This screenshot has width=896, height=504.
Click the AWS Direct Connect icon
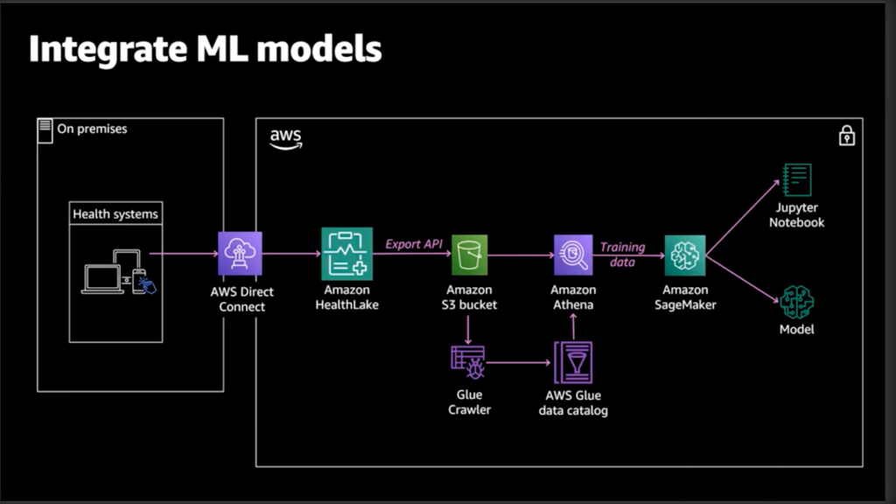point(240,254)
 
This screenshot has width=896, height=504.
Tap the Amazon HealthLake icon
point(346,254)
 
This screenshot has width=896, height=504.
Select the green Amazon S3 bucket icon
point(470,255)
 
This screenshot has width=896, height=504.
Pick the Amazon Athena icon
point(573,255)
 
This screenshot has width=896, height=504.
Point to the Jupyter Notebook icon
point(796,180)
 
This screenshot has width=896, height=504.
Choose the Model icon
point(796,302)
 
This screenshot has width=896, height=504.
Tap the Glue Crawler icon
point(468,361)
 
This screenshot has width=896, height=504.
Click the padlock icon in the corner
point(846,136)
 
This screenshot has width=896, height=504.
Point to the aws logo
point(285,139)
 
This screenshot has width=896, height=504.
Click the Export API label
point(414,243)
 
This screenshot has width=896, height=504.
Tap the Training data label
point(622,254)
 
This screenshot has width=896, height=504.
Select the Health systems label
point(115,214)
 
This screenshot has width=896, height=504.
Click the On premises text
point(92,129)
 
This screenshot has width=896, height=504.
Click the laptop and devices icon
point(118,273)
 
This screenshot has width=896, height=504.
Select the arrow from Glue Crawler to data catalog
point(518,361)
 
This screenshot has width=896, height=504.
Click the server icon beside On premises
point(45,129)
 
